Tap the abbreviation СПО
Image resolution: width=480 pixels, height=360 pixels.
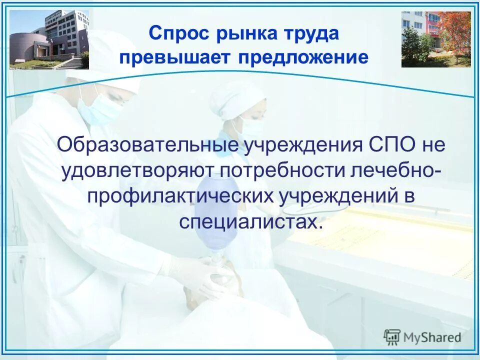[385, 145]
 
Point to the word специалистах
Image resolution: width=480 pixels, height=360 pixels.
[248, 221]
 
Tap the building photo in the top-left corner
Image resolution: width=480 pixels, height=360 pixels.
[49, 39]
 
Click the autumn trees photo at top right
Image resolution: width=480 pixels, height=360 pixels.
[436, 39]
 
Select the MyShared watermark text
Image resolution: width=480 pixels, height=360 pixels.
[433, 337]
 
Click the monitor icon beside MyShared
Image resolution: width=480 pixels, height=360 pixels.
[392, 337]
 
